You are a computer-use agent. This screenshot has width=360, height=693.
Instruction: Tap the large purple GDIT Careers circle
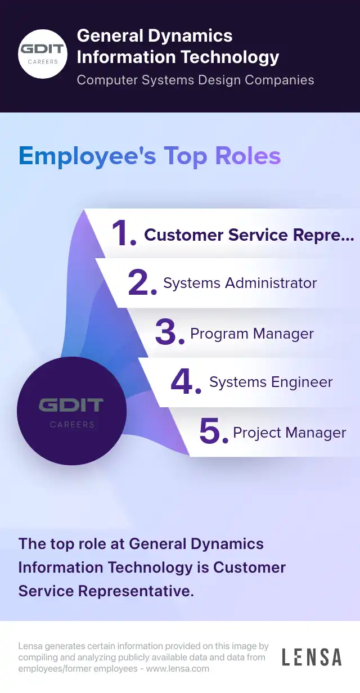click(71, 411)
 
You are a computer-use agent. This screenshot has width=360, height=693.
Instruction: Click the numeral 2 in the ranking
click(141, 283)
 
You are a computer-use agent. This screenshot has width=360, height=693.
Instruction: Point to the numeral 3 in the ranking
click(168, 333)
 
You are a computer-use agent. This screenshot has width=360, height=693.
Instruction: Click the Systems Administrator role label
click(240, 283)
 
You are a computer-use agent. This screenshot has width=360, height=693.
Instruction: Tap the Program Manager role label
click(252, 334)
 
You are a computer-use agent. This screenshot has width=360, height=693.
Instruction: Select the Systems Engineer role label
click(271, 382)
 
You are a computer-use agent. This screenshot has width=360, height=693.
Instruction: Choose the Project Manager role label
click(290, 433)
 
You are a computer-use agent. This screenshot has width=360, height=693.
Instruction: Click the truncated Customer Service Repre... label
click(249, 235)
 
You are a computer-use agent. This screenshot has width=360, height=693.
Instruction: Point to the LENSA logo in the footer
click(312, 657)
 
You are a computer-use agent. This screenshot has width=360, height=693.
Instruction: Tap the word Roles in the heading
click(243, 156)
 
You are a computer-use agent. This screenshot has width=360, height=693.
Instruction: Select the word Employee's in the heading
click(87, 156)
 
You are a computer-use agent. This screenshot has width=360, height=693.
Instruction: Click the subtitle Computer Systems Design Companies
click(195, 80)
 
